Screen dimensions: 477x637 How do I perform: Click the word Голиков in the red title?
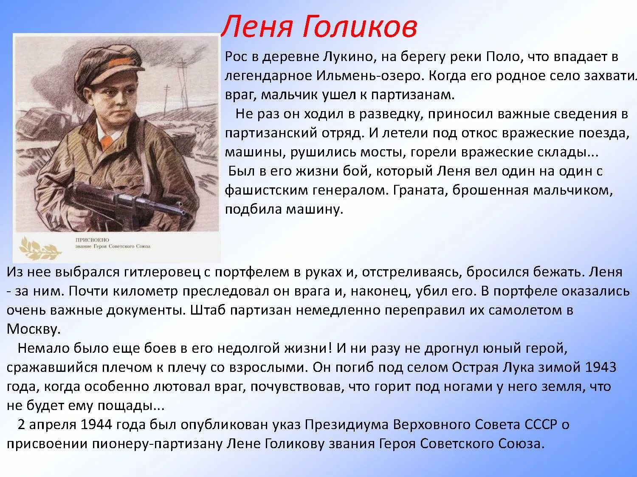360,26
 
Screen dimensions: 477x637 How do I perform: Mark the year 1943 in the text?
600,367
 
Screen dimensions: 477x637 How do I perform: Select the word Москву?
34,329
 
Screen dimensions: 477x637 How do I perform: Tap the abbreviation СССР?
541,424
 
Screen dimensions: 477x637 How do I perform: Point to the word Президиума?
347,424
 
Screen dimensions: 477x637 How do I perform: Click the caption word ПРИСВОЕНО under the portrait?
92,240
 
